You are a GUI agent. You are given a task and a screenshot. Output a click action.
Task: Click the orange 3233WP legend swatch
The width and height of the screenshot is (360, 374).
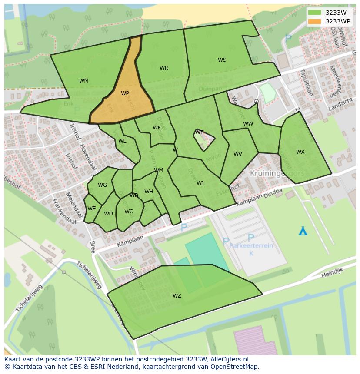tap(314, 21)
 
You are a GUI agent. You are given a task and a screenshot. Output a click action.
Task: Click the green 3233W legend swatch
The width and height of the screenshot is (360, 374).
tap(314, 13)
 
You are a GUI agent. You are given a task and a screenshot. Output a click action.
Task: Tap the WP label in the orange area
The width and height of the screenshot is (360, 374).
tap(125, 93)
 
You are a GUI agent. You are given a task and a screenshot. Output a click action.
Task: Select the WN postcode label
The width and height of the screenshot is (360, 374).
tap(83, 81)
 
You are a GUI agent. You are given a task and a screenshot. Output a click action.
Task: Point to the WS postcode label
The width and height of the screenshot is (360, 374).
tap(222, 60)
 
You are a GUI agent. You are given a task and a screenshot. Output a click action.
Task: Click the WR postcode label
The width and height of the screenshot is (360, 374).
tap(163, 68)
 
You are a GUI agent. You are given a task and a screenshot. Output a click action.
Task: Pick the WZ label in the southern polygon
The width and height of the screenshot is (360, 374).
tap(177, 296)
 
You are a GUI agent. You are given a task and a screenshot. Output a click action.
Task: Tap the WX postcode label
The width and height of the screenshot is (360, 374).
tap(300, 152)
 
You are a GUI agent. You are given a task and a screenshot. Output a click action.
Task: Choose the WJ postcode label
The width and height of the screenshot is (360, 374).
tap(200, 183)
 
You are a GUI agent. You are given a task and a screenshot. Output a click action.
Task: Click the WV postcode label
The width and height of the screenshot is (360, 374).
tap(237, 154)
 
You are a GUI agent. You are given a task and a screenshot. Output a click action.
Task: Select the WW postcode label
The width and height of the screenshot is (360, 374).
tap(248, 124)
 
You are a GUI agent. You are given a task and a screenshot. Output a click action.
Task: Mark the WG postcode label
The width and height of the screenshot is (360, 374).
tap(102, 185)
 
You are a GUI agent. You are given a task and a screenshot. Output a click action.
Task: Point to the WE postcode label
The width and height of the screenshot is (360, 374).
tap(91, 209)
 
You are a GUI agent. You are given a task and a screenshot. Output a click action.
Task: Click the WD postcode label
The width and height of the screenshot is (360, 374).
tap(108, 214)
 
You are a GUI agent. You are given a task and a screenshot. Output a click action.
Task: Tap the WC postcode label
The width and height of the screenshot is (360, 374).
tap(129, 212)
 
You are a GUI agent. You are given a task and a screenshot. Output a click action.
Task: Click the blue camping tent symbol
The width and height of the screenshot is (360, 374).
tap(303, 231)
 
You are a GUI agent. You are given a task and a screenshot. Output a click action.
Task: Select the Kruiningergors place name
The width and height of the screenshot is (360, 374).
tap(277, 173)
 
